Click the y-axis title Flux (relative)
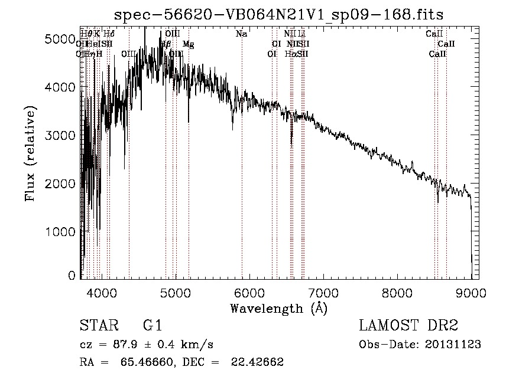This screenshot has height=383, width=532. point(30,154)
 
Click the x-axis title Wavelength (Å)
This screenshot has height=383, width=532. point(278,308)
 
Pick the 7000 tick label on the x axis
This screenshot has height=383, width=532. point(323,292)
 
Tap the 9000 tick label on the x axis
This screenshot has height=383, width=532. point(471,292)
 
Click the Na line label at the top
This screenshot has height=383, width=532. point(241,34)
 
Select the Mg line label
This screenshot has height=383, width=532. point(188,44)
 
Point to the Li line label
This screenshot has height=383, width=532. point(301,34)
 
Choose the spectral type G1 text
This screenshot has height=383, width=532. point(152,326)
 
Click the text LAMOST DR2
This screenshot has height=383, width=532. point(408,326)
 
